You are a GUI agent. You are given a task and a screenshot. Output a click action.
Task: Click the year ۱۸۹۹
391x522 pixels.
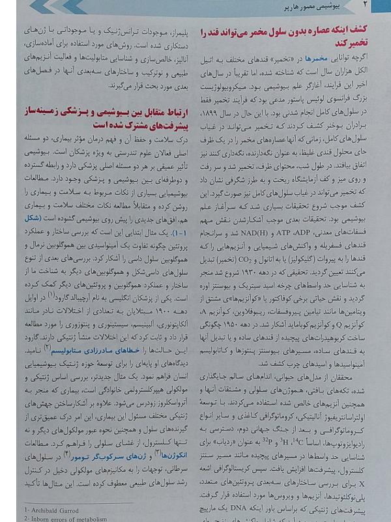[x=224, y=102]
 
